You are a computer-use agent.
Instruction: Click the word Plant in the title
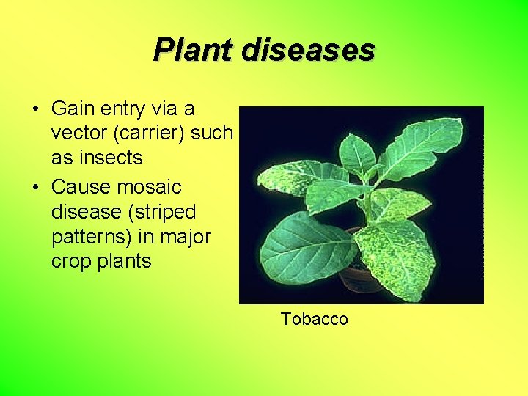(192, 51)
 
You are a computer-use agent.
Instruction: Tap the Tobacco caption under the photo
(314, 319)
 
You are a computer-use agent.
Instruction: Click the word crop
(72, 262)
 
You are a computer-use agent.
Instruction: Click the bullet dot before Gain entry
(34, 110)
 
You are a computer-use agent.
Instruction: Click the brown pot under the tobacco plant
(360, 280)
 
